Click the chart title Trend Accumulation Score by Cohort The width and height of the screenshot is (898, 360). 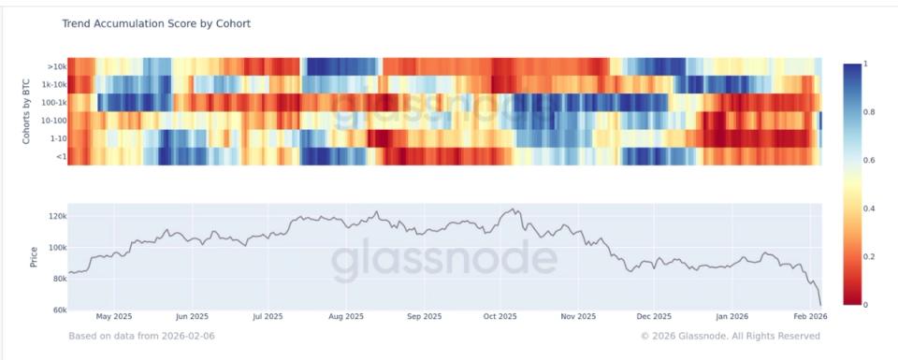click(x=156, y=23)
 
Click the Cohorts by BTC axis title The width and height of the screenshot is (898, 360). click(x=26, y=111)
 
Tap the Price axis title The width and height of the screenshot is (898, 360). click(x=34, y=256)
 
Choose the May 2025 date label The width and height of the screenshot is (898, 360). click(x=113, y=317)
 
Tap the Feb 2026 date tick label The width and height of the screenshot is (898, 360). click(x=809, y=317)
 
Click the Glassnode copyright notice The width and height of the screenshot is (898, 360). click(x=731, y=335)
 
